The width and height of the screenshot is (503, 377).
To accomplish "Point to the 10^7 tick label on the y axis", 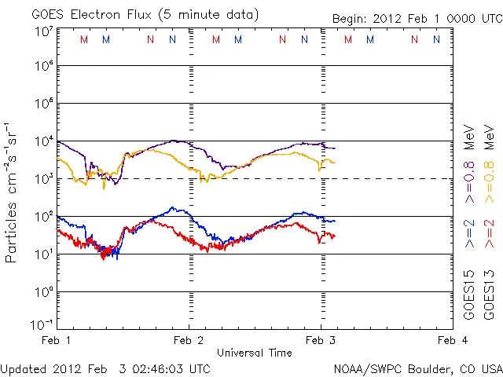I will coord(43,31).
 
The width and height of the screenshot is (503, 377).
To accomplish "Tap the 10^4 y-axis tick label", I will coord(43,141).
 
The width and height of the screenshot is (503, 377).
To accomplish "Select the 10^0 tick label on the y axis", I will coord(43,292).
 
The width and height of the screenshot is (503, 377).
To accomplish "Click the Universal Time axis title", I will coord(254,353).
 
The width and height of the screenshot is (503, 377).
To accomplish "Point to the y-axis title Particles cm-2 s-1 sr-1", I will coord(13,192).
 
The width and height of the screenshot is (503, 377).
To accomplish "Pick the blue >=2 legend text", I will coord(469,232).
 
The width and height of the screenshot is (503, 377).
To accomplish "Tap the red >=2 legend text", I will coord(490,232).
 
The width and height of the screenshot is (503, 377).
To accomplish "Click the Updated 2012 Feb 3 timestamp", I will coord(105,368).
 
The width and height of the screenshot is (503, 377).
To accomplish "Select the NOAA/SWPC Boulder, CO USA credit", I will coord(417,368).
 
